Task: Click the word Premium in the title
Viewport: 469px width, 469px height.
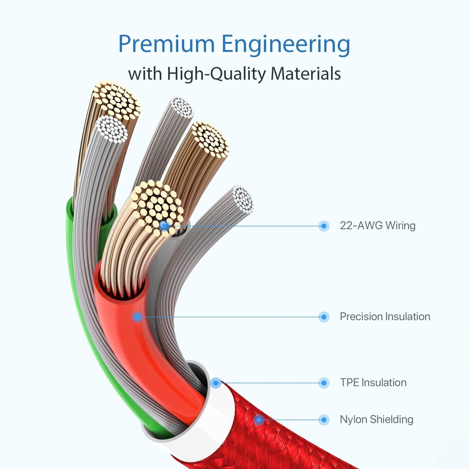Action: pyautogui.click(x=166, y=44)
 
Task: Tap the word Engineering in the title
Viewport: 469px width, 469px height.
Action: pyautogui.click(x=286, y=45)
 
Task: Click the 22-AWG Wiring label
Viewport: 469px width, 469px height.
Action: pyautogui.click(x=377, y=225)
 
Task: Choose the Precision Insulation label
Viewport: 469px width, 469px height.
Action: pyautogui.click(x=385, y=316)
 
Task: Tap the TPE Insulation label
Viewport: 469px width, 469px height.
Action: pyautogui.click(x=373, y=382)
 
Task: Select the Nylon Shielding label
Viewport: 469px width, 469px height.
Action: pyautogui.click(x=376, y=419)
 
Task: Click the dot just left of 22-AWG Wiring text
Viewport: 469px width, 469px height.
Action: pyautogui.click(x=324, y=226)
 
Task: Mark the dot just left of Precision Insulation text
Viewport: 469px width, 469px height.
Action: pyautogui.click(x=324, y=317)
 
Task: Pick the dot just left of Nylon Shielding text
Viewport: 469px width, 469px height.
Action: pyautogui.click(x=324, y=420)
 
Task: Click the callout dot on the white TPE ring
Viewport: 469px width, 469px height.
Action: pyautogui.click(x=215, y=383)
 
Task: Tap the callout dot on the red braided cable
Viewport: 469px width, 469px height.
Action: pyautogui.click(x=259, y=420)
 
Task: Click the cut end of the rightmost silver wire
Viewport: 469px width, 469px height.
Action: pyautogui.click(x=243, y=199)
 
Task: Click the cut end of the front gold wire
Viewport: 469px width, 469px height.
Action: pyautogui.click(x=156, y=206)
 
